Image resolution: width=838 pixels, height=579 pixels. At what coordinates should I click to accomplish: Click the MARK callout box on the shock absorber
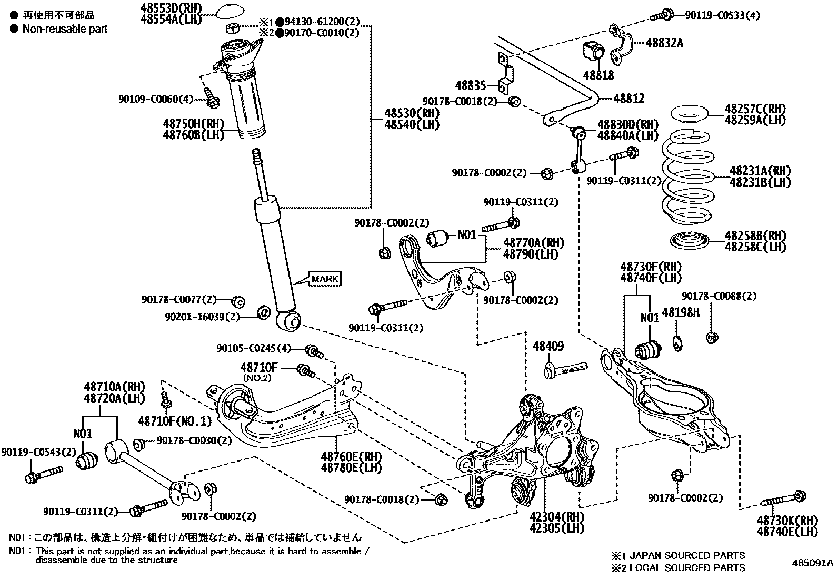(x=324, y=279)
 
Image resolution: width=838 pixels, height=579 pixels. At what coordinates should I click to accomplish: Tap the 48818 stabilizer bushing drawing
(x=594, y=51)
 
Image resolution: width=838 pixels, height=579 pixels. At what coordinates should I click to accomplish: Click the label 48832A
(x=664, y=43)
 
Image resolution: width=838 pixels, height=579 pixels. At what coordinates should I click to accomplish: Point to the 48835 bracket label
(x=471, y=84)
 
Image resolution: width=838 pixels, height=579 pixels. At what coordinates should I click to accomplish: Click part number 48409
(x=548, y=346)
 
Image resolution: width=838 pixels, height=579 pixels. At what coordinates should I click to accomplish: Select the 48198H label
(x=681, y=312)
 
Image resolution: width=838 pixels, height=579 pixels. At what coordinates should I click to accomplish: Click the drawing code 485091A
(x=813, y=563)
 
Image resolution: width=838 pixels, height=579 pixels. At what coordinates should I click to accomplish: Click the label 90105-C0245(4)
(x=253, y=348)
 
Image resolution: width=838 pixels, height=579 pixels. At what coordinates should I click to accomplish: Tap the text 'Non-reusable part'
(x=65, y=29)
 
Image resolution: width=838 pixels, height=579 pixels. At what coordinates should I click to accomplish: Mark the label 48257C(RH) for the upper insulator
(x=755, y=109)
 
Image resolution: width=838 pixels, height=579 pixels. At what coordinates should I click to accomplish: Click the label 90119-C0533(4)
(x=722, y=15)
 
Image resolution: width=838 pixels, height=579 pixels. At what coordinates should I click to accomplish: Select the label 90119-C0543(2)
(x=39, y=452)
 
